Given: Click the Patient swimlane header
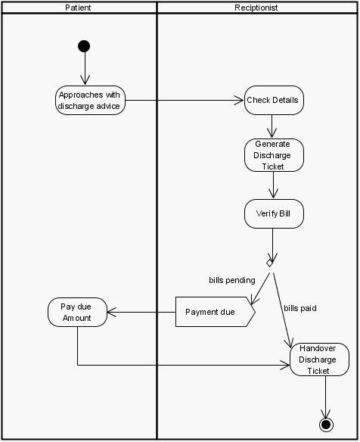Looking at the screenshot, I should click(x=79, y=8).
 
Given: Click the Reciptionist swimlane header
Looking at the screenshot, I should click(x=256, y=8).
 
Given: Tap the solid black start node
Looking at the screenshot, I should click(x=84, y=46).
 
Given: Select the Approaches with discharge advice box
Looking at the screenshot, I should click(x=91, y=100).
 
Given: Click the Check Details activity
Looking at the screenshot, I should click(x=273, y=100).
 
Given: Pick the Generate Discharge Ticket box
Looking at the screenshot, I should click(x=273, y=155).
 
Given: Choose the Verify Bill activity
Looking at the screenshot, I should click(x=273, y=214).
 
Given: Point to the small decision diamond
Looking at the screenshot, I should click(x=269, y=263).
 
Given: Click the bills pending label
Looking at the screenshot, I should click(x=231, y=280).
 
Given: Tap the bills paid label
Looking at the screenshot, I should click(x=299, y=309).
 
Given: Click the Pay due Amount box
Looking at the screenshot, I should click(x=77, y=312).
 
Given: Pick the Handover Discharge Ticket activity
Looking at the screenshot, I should click(x=318, y=360).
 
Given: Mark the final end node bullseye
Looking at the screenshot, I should click(x=326, y=425).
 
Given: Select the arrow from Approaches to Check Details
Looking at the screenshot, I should click(x=185, y=100).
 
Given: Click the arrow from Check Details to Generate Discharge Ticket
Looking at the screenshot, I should click(x=273, y=126).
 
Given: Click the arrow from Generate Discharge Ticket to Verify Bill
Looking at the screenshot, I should click(x=273, y=185).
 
